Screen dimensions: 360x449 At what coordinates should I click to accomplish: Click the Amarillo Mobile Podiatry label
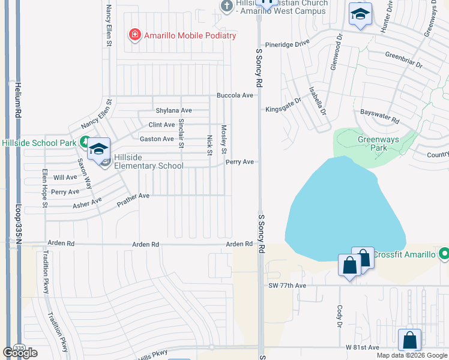(190, 35)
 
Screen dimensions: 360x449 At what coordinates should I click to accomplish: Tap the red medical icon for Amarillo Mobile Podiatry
(135, 35)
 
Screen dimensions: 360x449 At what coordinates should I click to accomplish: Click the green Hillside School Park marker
(85, 143)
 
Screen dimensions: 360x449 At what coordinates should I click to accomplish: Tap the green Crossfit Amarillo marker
(444, 254)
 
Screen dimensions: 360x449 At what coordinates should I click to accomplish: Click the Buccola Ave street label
(235, 95)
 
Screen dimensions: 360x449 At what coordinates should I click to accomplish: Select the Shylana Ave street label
(173, 110)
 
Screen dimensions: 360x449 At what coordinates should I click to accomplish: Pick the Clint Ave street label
(161, 125)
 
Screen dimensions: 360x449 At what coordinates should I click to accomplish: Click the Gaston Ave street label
(157, 139)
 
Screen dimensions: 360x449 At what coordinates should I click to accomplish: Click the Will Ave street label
(65, 178)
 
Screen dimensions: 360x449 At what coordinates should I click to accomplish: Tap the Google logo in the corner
(20, 352)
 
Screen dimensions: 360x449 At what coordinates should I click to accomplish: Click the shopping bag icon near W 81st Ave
(409, 340)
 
